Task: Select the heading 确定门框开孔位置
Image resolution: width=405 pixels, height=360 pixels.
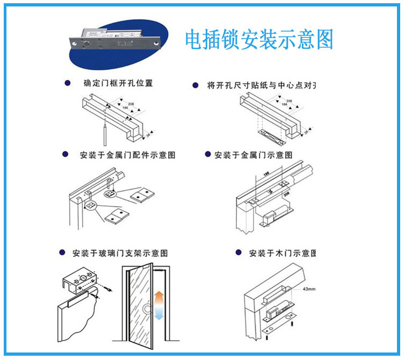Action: coord(118,84)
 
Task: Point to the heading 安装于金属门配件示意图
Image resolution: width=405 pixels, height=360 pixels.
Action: coord(127,155)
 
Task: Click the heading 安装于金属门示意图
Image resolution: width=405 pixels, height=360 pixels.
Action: coord(253,155)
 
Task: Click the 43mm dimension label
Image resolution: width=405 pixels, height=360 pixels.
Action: coord(309,289)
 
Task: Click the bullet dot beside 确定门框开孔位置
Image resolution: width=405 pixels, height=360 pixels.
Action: coord(67,83)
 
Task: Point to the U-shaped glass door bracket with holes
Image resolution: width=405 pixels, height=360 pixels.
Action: coord(82,281)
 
